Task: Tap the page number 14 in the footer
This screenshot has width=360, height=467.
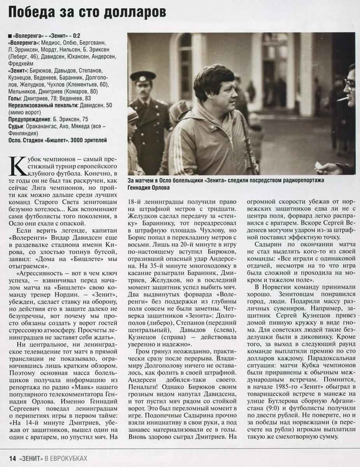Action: [12, 458]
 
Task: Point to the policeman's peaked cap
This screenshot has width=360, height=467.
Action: [143, 76]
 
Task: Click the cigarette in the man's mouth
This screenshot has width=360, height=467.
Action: [343, 98]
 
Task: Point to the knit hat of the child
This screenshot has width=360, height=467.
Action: [132, 113]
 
